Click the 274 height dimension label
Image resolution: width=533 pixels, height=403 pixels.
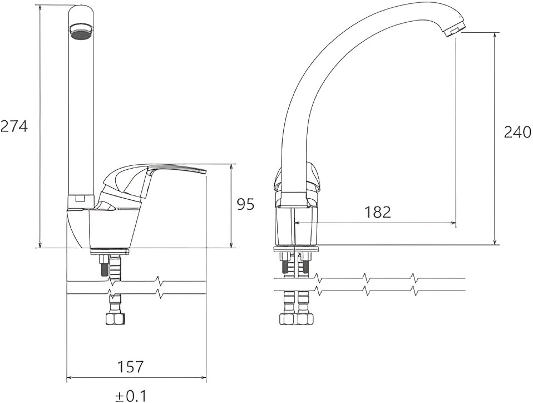tap(13, 126)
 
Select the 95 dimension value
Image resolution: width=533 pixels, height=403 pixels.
tap(245, 205)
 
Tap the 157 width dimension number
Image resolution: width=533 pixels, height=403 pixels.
tap(131, 367)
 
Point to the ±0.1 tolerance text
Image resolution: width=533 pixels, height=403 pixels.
tap(131, 396)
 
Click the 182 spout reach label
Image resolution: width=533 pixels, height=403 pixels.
tap(378, 212)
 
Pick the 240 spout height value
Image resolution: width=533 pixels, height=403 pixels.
tap(517, 132)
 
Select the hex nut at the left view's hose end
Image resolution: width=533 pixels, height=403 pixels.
tap(115, 318)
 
